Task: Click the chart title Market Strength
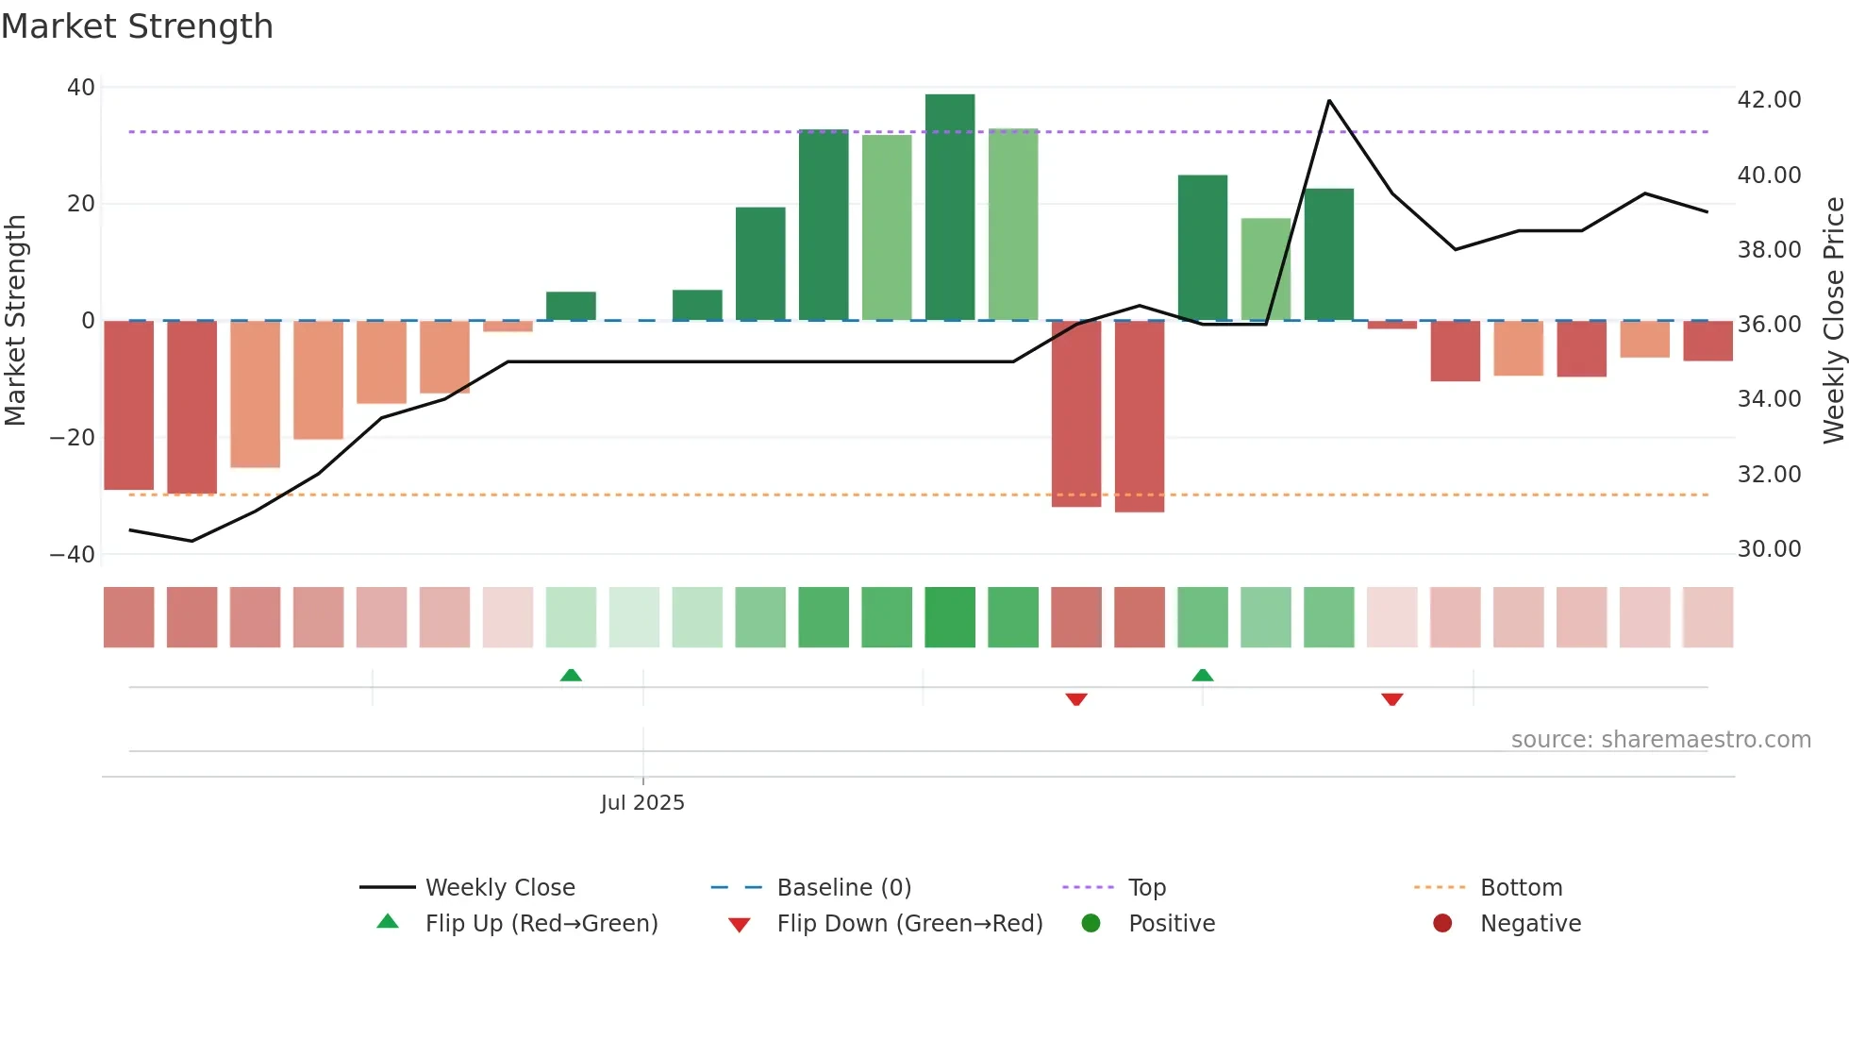pyautogui.click(x=137, y=26)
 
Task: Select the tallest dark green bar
pyautogui.click(x=950, y=208)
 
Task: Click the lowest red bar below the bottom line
pyautogui.click(x=1140, y=417)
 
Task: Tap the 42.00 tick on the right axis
pyautogui.click(x=1769, y=100)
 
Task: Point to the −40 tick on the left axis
pyautogui.click(x=73, y=555)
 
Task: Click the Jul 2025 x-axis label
pyautogui.click(x=642, y=803)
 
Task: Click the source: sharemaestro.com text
pyautogui.click(x=1660, y=740)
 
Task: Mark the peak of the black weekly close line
pyautogui.click(x=1329, y=101)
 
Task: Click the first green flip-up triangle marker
pyautogui.click(x=571, y=675)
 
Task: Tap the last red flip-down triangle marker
pyautogui.click(x=1392, y=699)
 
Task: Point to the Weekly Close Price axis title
pyautogui.click(x=1833, y=321)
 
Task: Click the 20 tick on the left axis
pyautogui.click(x=81, y=204)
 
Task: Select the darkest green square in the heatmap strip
pyautogui.click(x=950, y=617)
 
